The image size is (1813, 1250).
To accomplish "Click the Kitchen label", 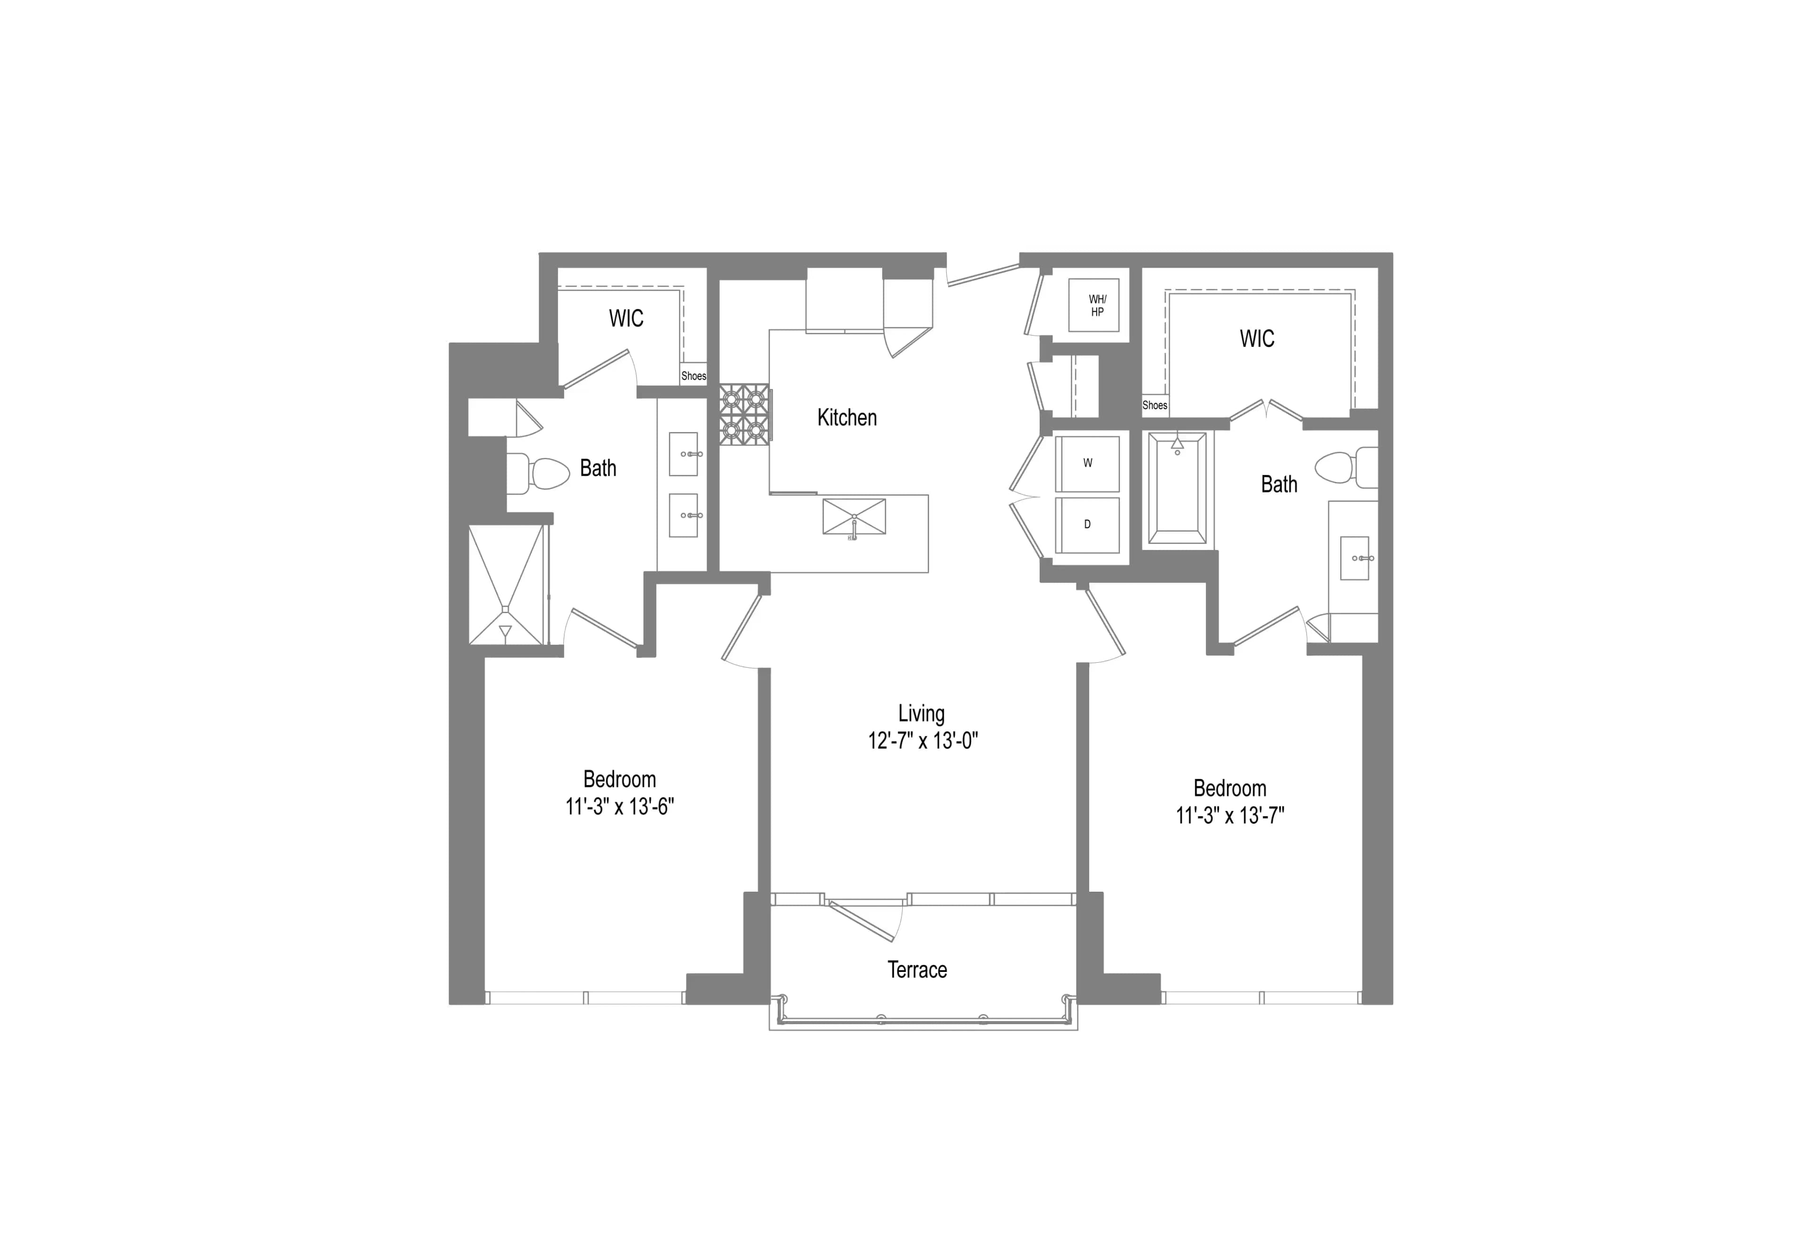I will tap(847, 417).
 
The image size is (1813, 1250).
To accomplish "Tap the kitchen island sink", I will tap(854, 517).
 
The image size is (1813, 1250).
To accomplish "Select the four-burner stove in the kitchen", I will tap(743, 414).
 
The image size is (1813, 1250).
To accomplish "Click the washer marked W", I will tap(1087, 464).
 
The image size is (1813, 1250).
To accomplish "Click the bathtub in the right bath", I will tap(1176, 489).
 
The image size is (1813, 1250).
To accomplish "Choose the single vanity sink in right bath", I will tap(1354, 557).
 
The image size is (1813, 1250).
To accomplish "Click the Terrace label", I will tap(917, 970).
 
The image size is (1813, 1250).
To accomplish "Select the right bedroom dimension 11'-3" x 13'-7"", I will tap(1229, 815).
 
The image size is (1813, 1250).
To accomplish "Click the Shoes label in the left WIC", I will tap(693, 376).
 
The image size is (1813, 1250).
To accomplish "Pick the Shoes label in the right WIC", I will tap(1154, 405).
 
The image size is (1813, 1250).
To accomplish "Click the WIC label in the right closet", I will tap(1256, 338).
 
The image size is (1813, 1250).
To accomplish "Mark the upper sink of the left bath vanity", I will tap(683, 454).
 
